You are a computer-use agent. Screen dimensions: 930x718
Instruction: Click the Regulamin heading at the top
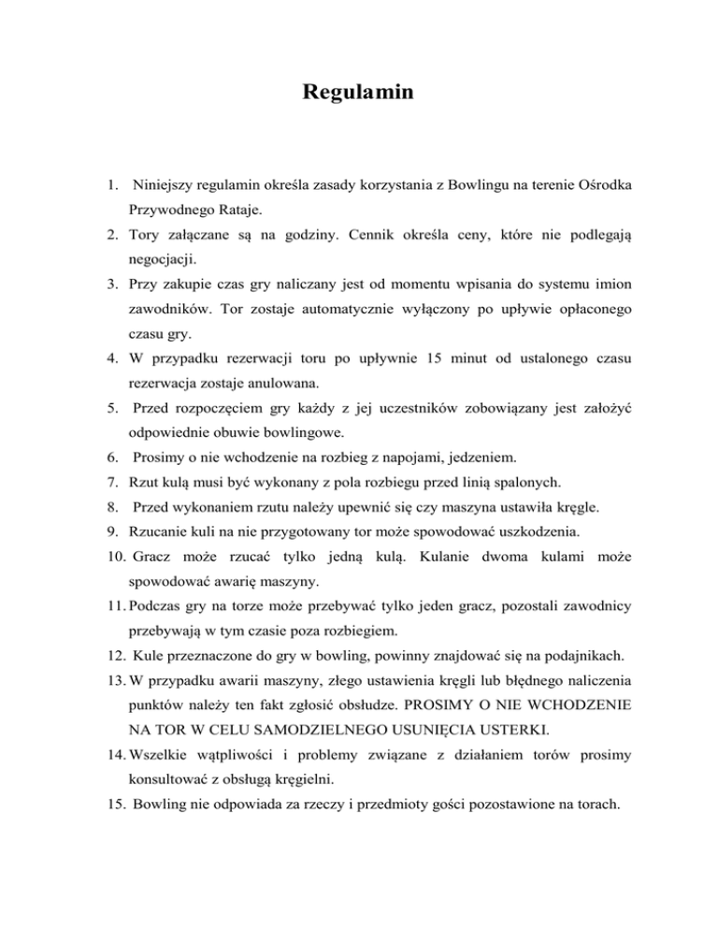click(x=358, y=94)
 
